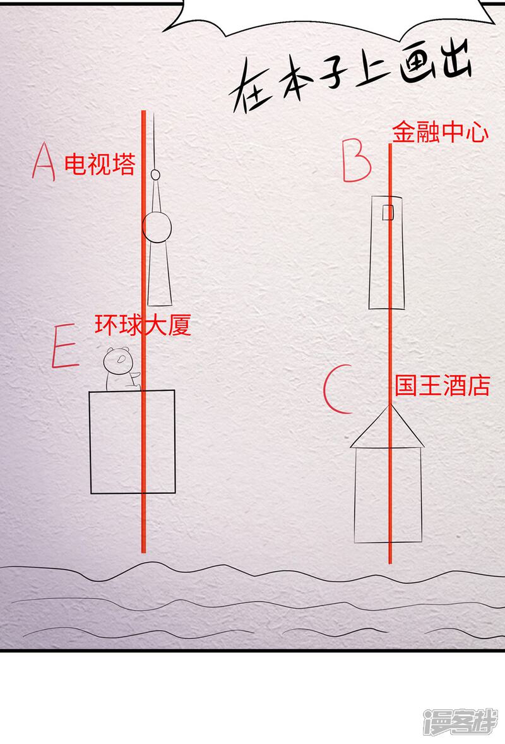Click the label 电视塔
[100, 164]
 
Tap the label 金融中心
[439, 132]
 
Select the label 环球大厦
[143, 325]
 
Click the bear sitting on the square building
[121, 369]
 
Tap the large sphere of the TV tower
[157, 228]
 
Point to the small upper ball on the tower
[155, 174]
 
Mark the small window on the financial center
[388, 213]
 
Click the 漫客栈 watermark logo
[460, 722]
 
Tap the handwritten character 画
[418, 65]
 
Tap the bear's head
[117, 360]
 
